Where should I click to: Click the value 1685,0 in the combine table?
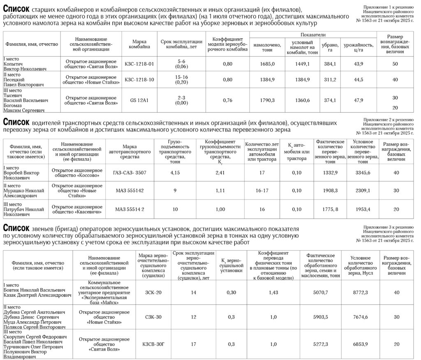coord(267,64)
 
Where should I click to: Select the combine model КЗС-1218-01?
coord(139,64)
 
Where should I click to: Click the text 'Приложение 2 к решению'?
coord(388,120)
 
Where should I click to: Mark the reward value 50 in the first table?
coord(395,64)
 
